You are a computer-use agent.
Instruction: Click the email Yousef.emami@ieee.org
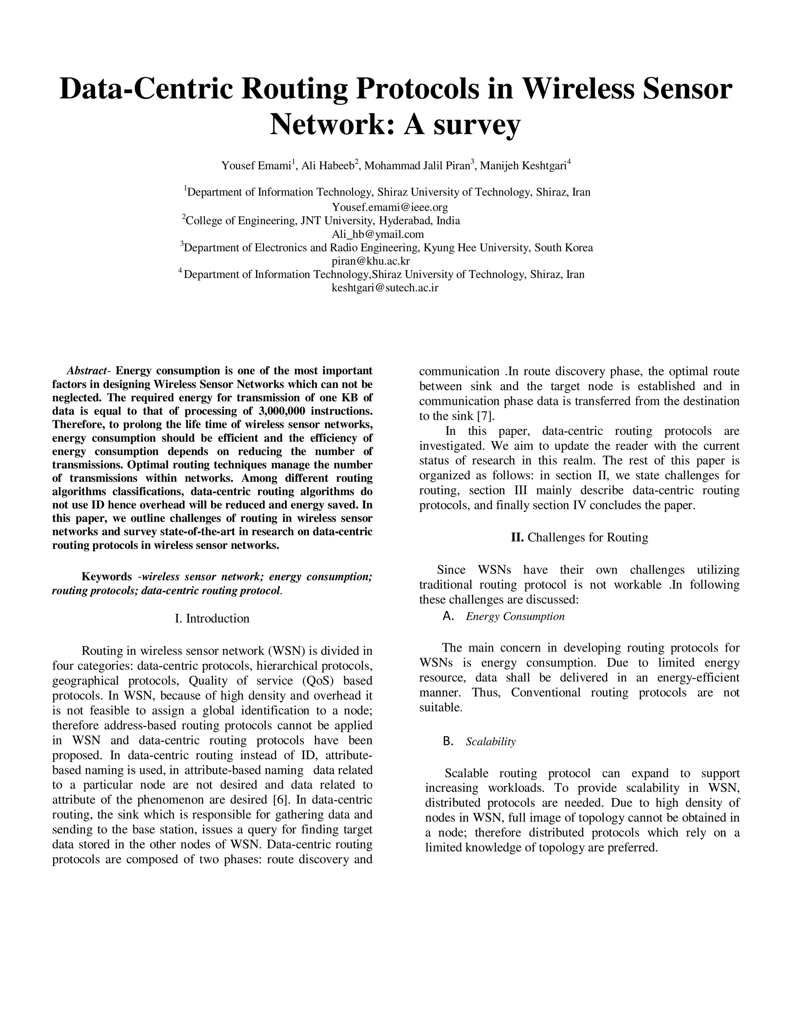tap(390, 207)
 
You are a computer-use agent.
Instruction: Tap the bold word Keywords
tap(106, 577)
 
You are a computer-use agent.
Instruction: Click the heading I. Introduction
tap(212, 618)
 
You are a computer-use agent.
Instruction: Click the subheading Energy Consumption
tap(515, 617)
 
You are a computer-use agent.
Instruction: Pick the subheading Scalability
tap(490, 741)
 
